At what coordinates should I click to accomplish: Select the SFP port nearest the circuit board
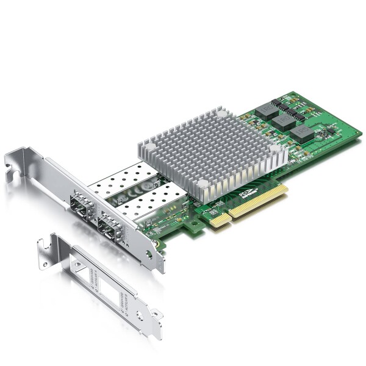pos(109,229)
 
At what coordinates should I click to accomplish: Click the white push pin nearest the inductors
pos(222,114)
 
